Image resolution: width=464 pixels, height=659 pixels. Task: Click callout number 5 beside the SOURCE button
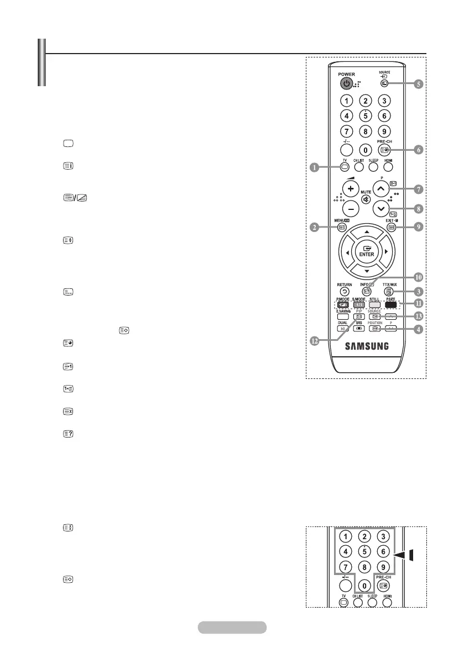[x=419, y=85]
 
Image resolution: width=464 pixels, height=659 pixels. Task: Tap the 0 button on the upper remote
[x=366, y=149]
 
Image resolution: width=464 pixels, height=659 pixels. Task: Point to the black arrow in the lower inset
[x=408, y=555]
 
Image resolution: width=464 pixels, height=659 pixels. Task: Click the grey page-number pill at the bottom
[x=232, y=627]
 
